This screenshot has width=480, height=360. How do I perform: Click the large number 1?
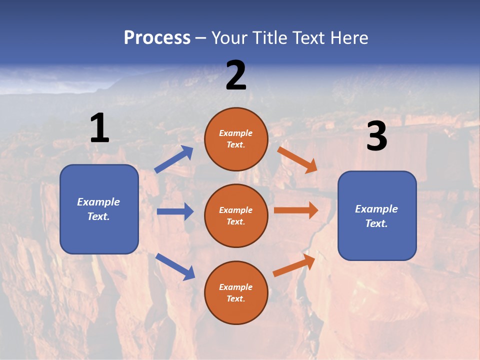click(x=99, y=128)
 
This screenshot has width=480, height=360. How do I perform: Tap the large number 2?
click(x=236, y=75)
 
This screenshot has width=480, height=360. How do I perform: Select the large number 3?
click(x=377, y=136)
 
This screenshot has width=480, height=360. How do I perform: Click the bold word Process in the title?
click(x=157, y=37)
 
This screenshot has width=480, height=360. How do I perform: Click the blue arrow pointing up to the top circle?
click(x=174, y=159)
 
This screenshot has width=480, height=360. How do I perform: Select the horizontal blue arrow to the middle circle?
click(x=175, y=211)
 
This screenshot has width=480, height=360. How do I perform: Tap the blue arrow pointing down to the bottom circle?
click(x=175, y=266)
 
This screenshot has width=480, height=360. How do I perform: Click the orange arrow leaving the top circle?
click(x=297, y=159)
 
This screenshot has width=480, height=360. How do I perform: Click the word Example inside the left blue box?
click(x=98, y=202)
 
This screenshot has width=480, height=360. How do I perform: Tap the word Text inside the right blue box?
click(x=376, y=223)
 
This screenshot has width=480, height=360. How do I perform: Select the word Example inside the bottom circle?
click(x=236, y=287)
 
